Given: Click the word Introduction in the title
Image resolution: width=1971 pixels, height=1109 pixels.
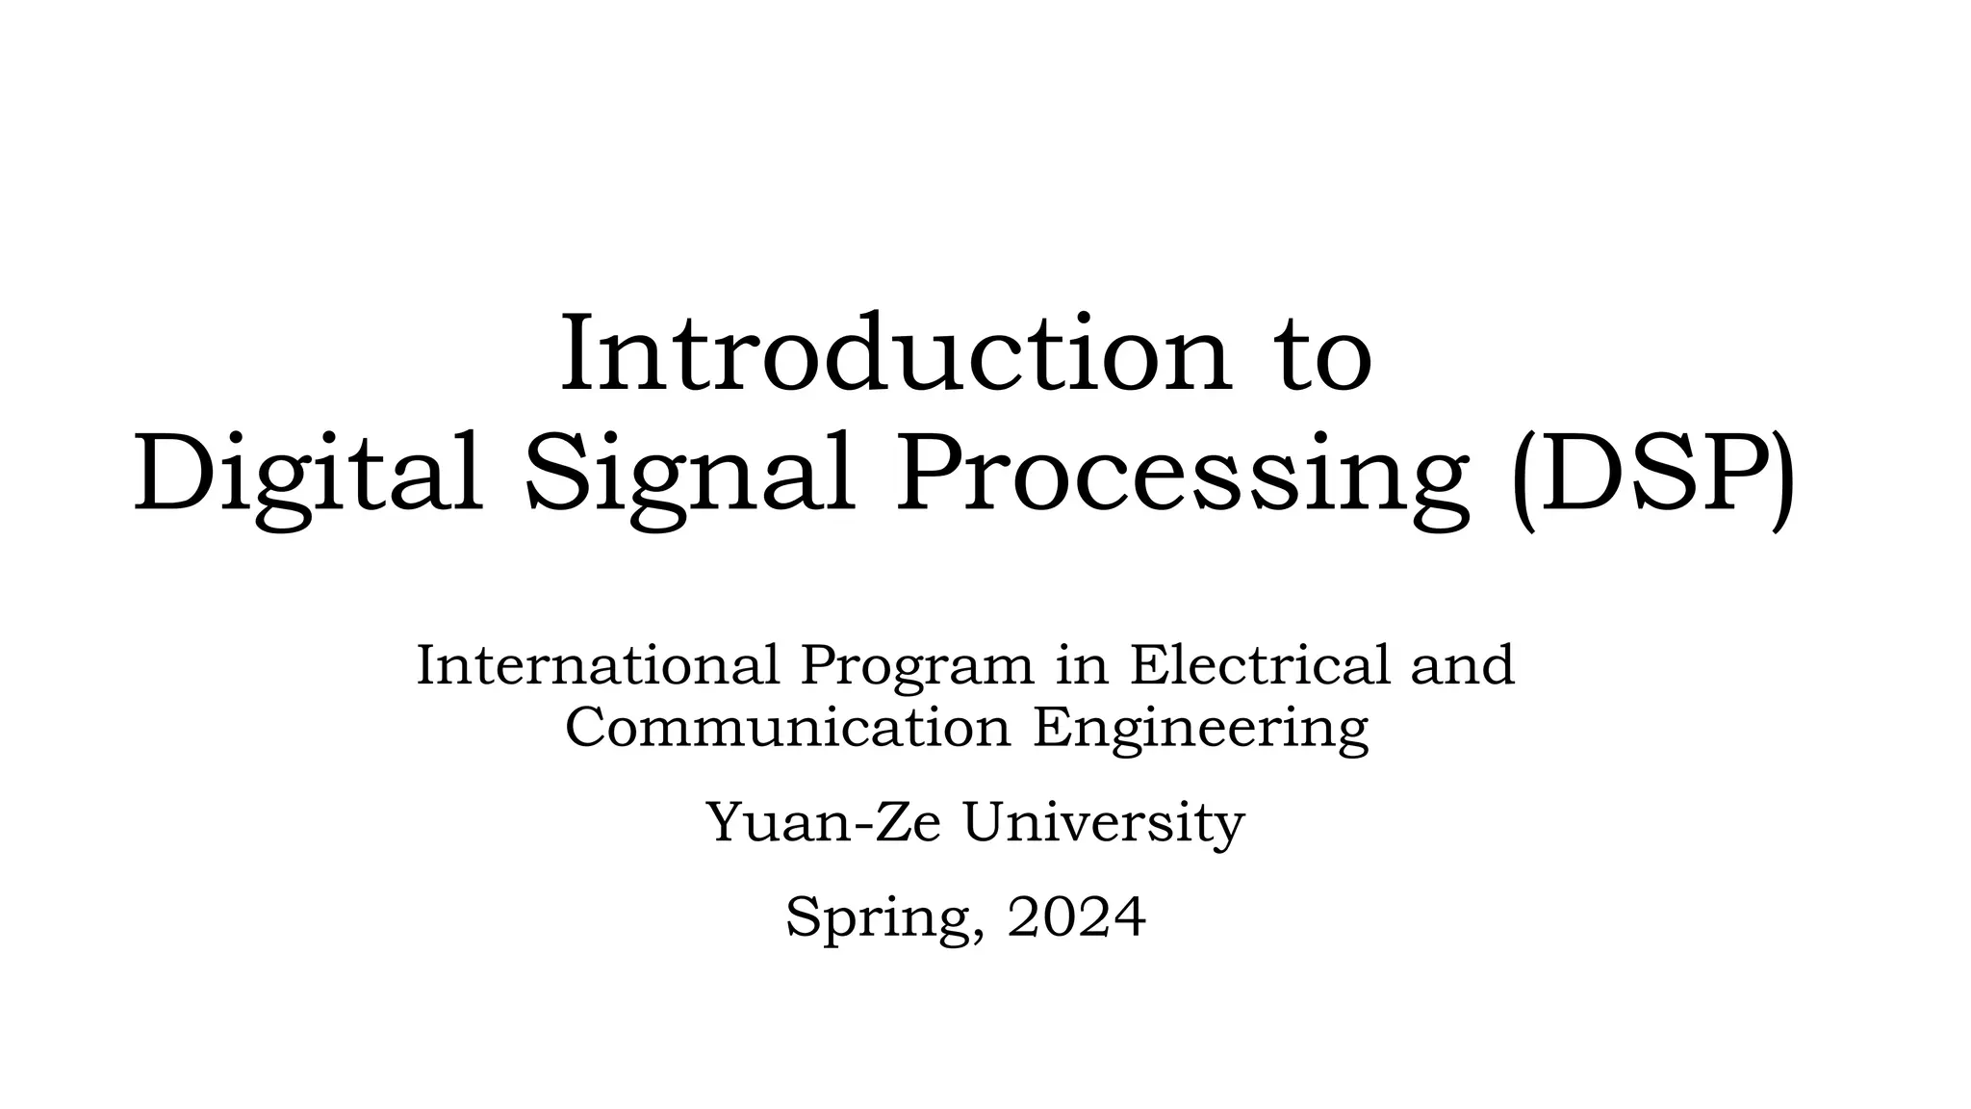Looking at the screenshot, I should coord(895,353).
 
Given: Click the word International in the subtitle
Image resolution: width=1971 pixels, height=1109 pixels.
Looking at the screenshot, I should coord(597,665).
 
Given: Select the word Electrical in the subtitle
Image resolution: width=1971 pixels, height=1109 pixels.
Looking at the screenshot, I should coord(1260,665).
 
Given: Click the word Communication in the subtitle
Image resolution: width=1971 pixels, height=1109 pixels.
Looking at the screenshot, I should coord(787,727).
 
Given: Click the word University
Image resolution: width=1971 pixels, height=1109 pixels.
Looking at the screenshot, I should coord(1104,825).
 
